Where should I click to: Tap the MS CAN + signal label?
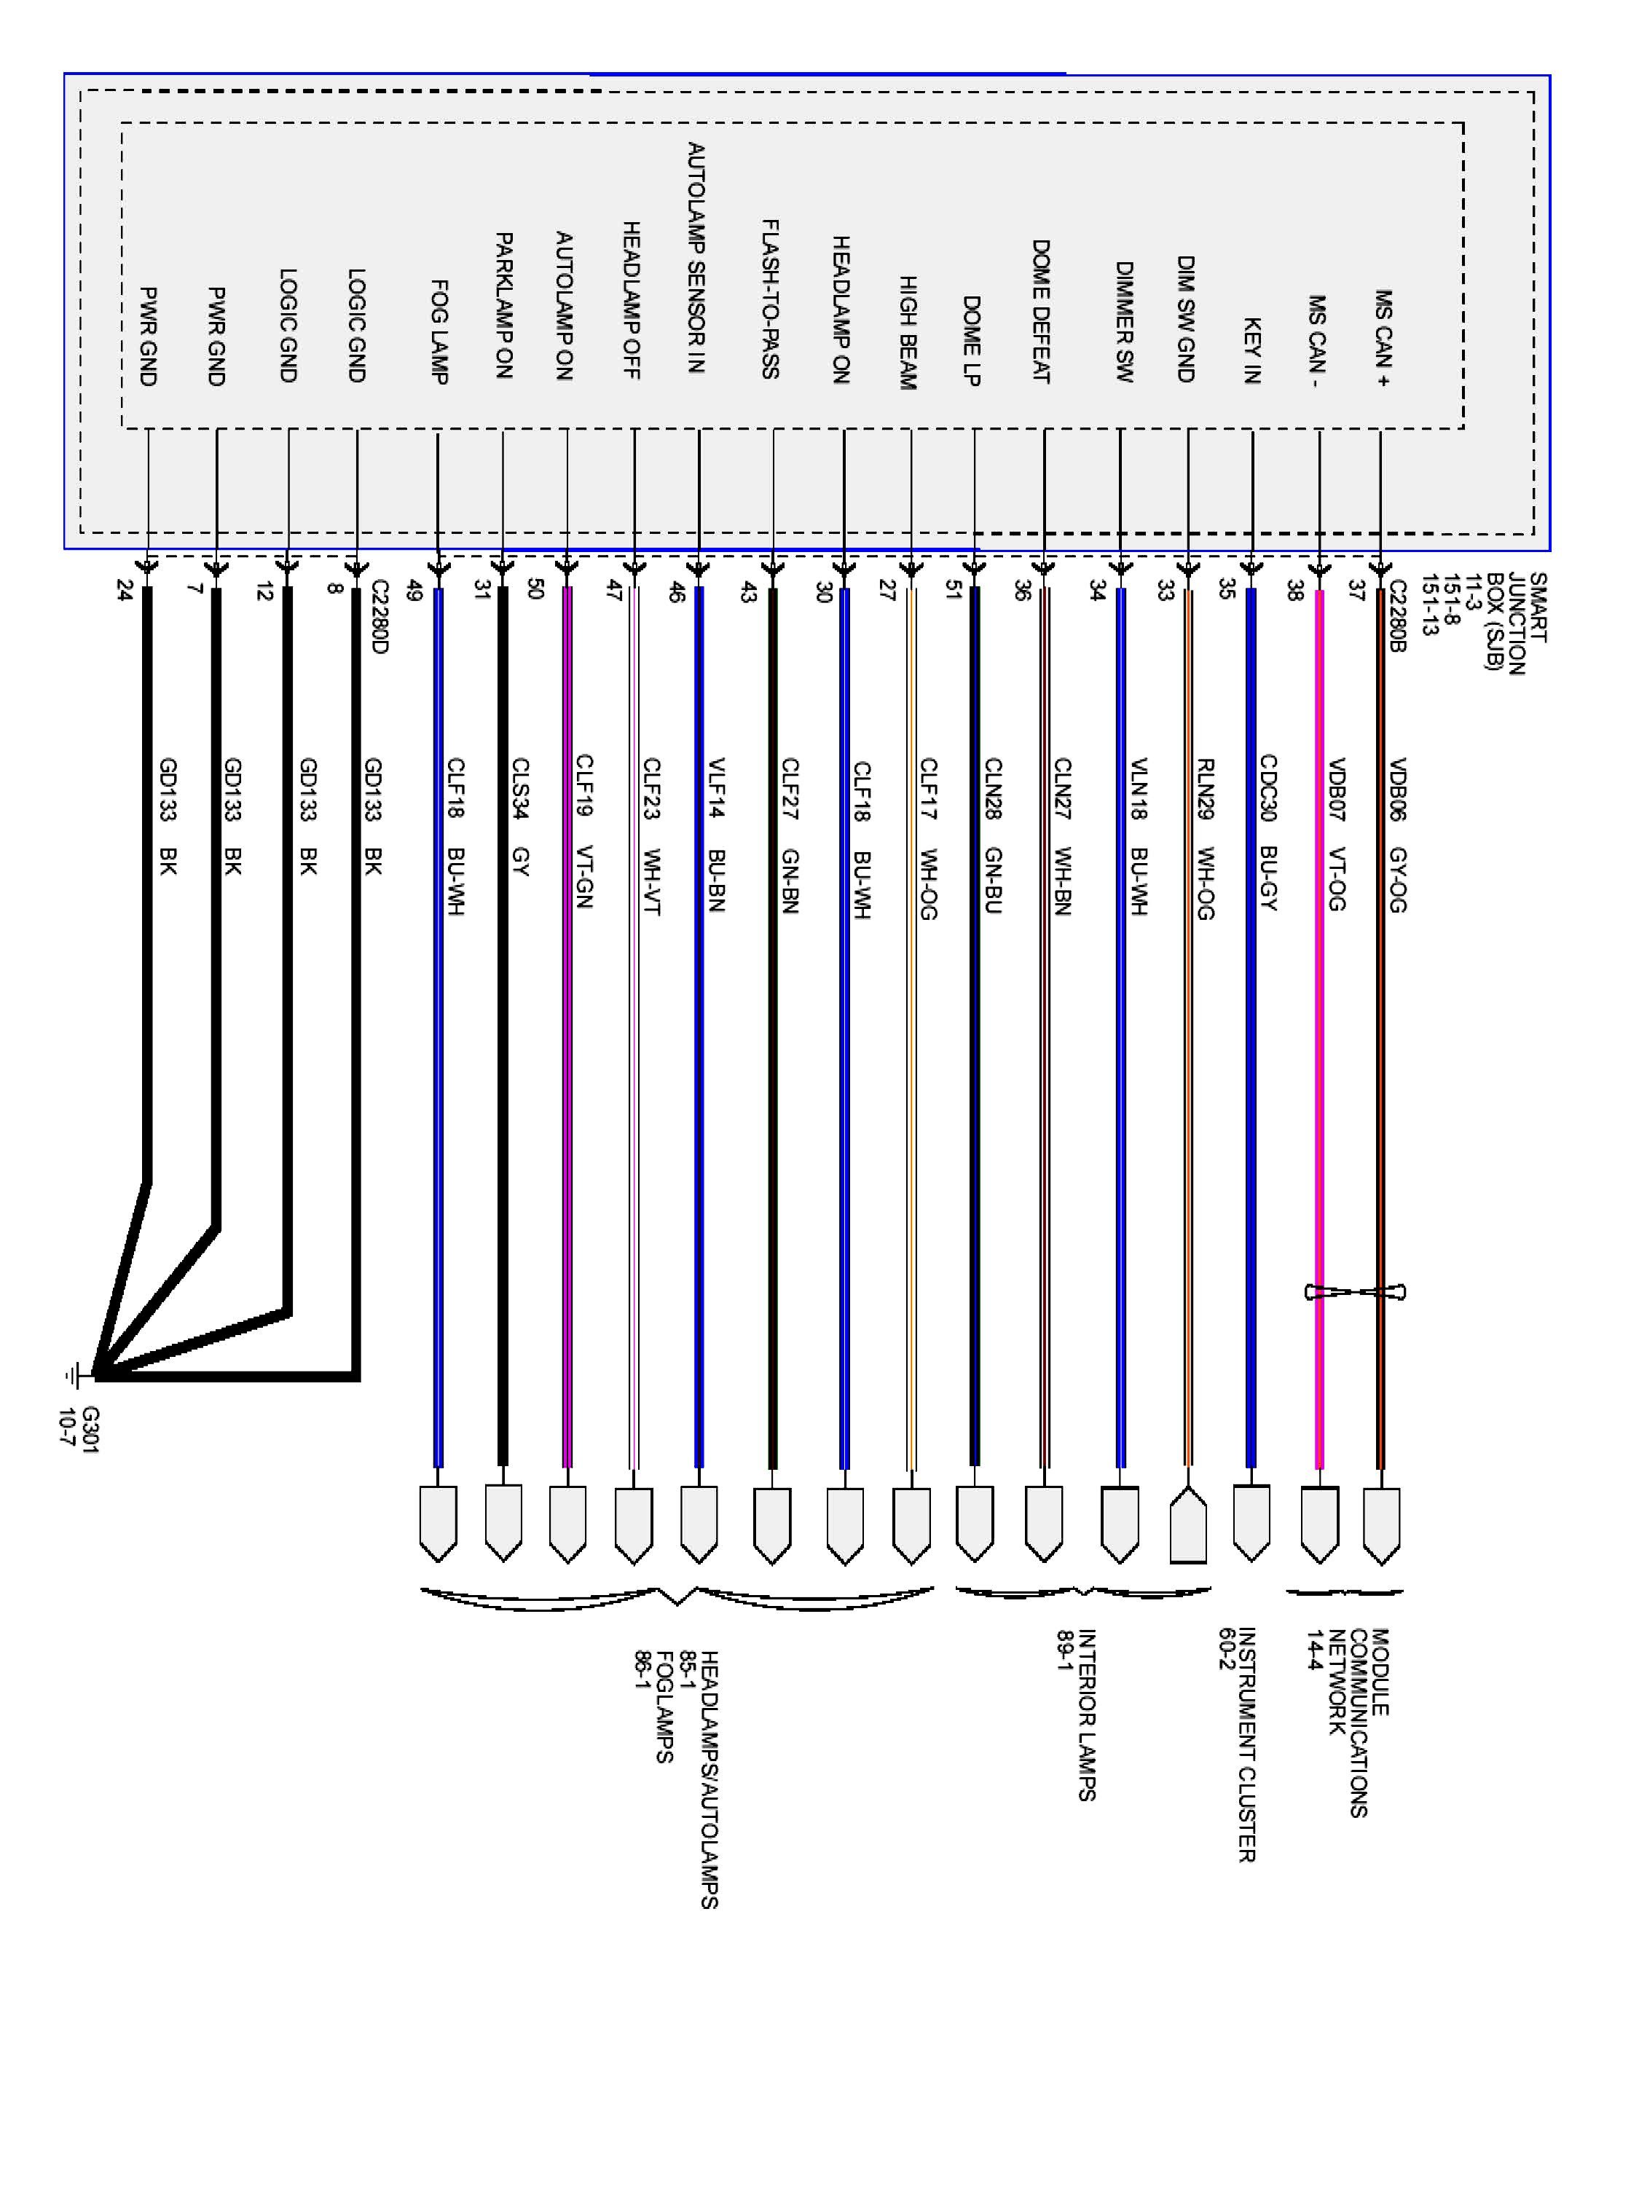[1383, 338]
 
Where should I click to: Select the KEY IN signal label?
[1251, 350]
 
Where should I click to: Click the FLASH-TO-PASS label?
[771, 299]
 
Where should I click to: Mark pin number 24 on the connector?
[124, 590]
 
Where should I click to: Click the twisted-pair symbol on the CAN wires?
[1354, 1292]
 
